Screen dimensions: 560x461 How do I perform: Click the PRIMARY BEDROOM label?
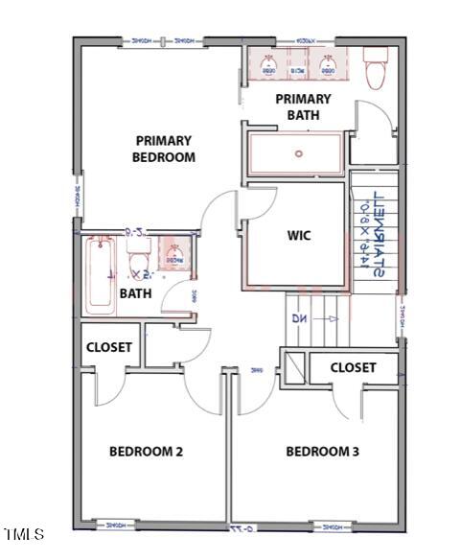(x=165, y=149)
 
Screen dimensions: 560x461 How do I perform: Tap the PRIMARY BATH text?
(x=303, y=106)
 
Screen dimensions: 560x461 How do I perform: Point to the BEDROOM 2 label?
(x=146, y=452)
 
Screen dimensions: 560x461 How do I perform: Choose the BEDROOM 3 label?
(x=322, y=452)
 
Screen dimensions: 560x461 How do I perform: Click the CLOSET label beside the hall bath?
(x=109, y=347)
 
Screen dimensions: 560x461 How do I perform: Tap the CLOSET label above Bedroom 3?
(x=353, y=367)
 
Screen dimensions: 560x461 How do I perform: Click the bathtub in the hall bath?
(x=100, y=276)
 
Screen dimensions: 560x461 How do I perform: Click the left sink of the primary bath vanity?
(x=269, y=65)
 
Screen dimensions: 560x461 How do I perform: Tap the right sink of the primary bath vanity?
(x=328, y=65)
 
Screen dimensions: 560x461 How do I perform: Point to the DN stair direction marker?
(x=298, y=318)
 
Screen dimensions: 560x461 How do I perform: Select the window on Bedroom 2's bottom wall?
(x=116, y=525)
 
